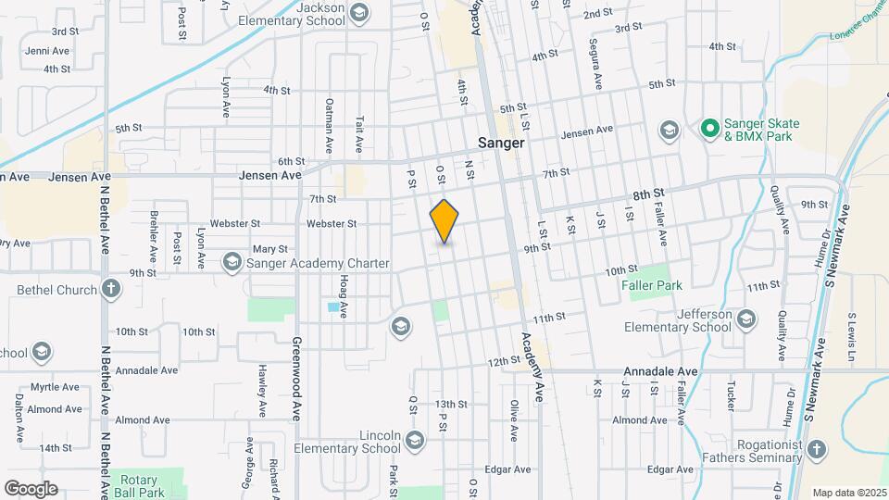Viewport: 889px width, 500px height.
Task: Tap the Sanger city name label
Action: pos(501,144)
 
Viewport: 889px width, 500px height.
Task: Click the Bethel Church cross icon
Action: pos(111,290)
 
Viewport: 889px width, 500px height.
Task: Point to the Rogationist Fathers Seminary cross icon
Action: pos(816,450)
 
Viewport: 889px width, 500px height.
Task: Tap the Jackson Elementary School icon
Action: pos(358,13)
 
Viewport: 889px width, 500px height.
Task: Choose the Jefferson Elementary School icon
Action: pos(746,320)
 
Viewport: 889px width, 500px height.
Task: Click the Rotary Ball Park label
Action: pos(141,487)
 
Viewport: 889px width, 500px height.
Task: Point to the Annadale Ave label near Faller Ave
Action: pos(673,371)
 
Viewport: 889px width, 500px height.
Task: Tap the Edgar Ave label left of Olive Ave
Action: pos(507,469)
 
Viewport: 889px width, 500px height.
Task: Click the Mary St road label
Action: pos(270,249)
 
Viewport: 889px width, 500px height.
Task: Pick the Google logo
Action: pos(31,489)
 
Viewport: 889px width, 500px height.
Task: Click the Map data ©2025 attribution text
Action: pos(847,493)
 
